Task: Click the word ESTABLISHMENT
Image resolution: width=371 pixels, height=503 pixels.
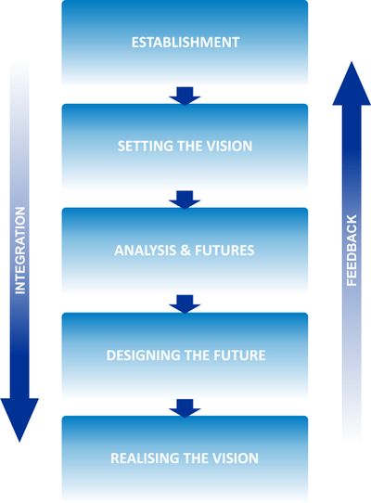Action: coord(185,43)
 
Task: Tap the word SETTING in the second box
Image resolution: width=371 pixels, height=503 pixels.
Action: coord(142,147)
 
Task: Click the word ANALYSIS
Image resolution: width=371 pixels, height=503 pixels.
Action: coord(144,251)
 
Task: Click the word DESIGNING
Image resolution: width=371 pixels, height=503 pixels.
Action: coord(141,355)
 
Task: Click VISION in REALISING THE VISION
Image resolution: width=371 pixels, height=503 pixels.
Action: coord(236,458)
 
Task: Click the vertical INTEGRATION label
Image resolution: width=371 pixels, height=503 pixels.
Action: coord(20,251)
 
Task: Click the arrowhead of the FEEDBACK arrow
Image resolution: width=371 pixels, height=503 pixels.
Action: coord(352,85)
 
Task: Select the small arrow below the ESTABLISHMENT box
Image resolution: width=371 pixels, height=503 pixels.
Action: coord(185,95)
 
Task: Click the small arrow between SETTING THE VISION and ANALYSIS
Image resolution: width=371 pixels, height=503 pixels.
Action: coord(185,199)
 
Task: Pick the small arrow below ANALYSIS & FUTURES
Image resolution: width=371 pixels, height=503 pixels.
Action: coord(185,303)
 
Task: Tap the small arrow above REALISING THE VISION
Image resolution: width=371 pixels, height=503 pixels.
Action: coord(185,406)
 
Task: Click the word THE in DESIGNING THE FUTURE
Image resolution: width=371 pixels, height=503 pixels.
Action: coord(194,355)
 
